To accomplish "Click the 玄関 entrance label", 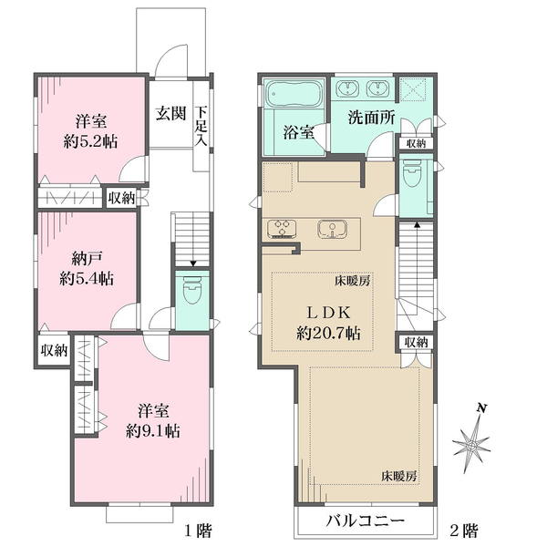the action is (170, 113).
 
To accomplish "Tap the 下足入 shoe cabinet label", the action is (201, 126).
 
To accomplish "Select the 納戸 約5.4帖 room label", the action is (87, 269).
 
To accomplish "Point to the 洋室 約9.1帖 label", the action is (153, 421).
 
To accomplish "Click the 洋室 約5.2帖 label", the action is (90, 132).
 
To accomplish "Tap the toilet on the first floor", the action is (191, 290).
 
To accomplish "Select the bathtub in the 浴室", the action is (294, 94).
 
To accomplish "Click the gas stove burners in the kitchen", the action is (282, 228).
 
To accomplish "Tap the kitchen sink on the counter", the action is (332, 230).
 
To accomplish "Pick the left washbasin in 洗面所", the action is (347, 88).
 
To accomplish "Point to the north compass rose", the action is (472, 441).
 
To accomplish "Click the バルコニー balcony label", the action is (366, 521).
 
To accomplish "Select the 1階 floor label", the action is (198, 531).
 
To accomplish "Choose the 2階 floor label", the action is (464, 531).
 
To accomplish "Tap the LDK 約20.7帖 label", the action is (328, 323).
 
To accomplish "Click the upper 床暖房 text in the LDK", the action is (352, 281).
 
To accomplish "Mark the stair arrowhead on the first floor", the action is (193, 263).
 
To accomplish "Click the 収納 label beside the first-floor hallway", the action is (121, 198).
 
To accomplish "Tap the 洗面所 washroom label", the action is (372, 118).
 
